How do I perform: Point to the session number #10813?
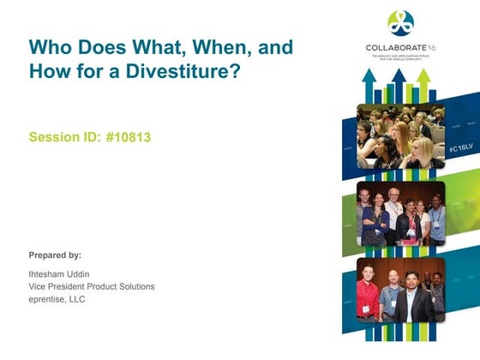tap(122, 136)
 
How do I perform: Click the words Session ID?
tap(59, 136)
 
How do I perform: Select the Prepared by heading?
tap(55, 255)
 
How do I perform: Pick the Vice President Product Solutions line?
tap(92, 286)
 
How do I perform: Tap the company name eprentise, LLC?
tap(57, 298)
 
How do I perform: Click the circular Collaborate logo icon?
tap(399, 23)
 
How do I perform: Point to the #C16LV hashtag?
tap(459, 148)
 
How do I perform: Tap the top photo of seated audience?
tap(400, 136)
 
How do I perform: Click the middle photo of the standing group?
tap(400, 214)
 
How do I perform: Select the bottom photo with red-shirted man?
tap(400, 290)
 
